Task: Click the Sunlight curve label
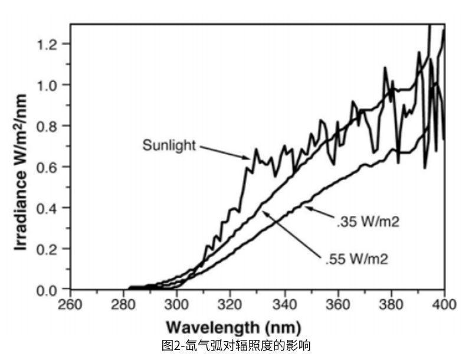coord(169,145)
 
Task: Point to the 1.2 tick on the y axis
coord(49,44)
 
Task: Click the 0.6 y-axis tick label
coord(49,167)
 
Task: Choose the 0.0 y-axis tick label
coord(49,290)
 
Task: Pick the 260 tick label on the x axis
coord(70,305)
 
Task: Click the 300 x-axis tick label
coord(178,305)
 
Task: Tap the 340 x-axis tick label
coord(284,305)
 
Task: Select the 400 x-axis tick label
coord(445,305)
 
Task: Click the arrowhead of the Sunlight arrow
coord(247,158)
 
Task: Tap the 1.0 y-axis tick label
coord(49,85)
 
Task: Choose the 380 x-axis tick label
coord(392,305)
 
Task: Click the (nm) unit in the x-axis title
coord(283,327)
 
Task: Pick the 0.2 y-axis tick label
coord(49,249)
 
